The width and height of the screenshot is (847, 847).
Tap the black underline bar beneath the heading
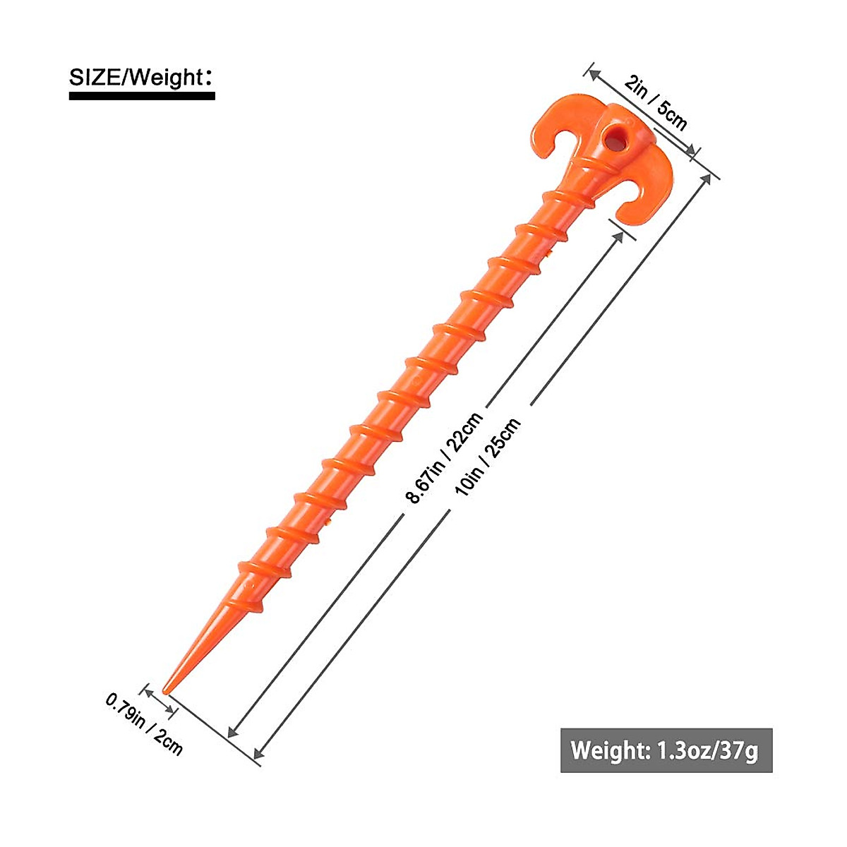coord(141,95)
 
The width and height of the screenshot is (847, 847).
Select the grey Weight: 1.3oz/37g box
coord(666,750)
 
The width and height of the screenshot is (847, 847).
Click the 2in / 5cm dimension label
coord(656,104)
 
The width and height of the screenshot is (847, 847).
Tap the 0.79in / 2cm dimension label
coord(145,723)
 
